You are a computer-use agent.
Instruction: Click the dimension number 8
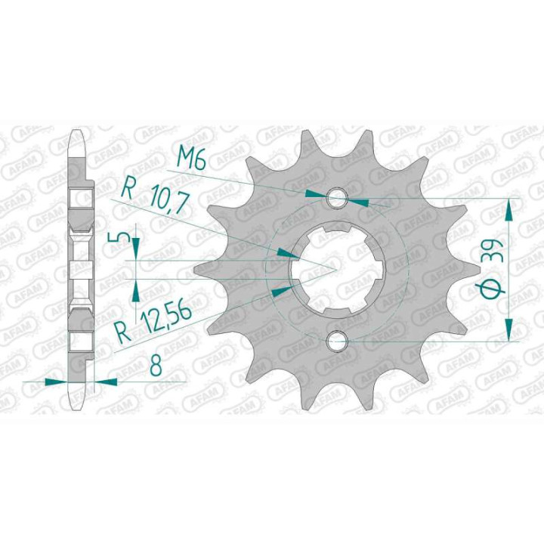(155, 366)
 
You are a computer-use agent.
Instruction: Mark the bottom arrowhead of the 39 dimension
(510, 332)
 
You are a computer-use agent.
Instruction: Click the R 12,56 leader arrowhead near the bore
(279, 290)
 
